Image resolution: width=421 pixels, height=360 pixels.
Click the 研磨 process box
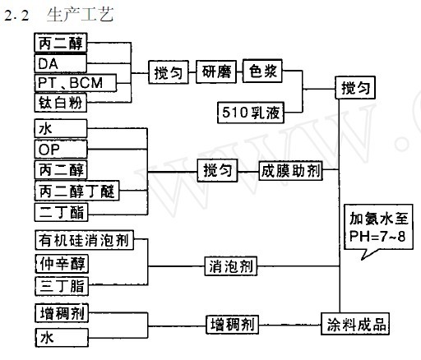[218, 72]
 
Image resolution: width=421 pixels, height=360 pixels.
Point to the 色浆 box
[265, 72]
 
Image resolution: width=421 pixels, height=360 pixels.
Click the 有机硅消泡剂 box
[82, 242]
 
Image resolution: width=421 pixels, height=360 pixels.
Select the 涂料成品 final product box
[354, 323]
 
